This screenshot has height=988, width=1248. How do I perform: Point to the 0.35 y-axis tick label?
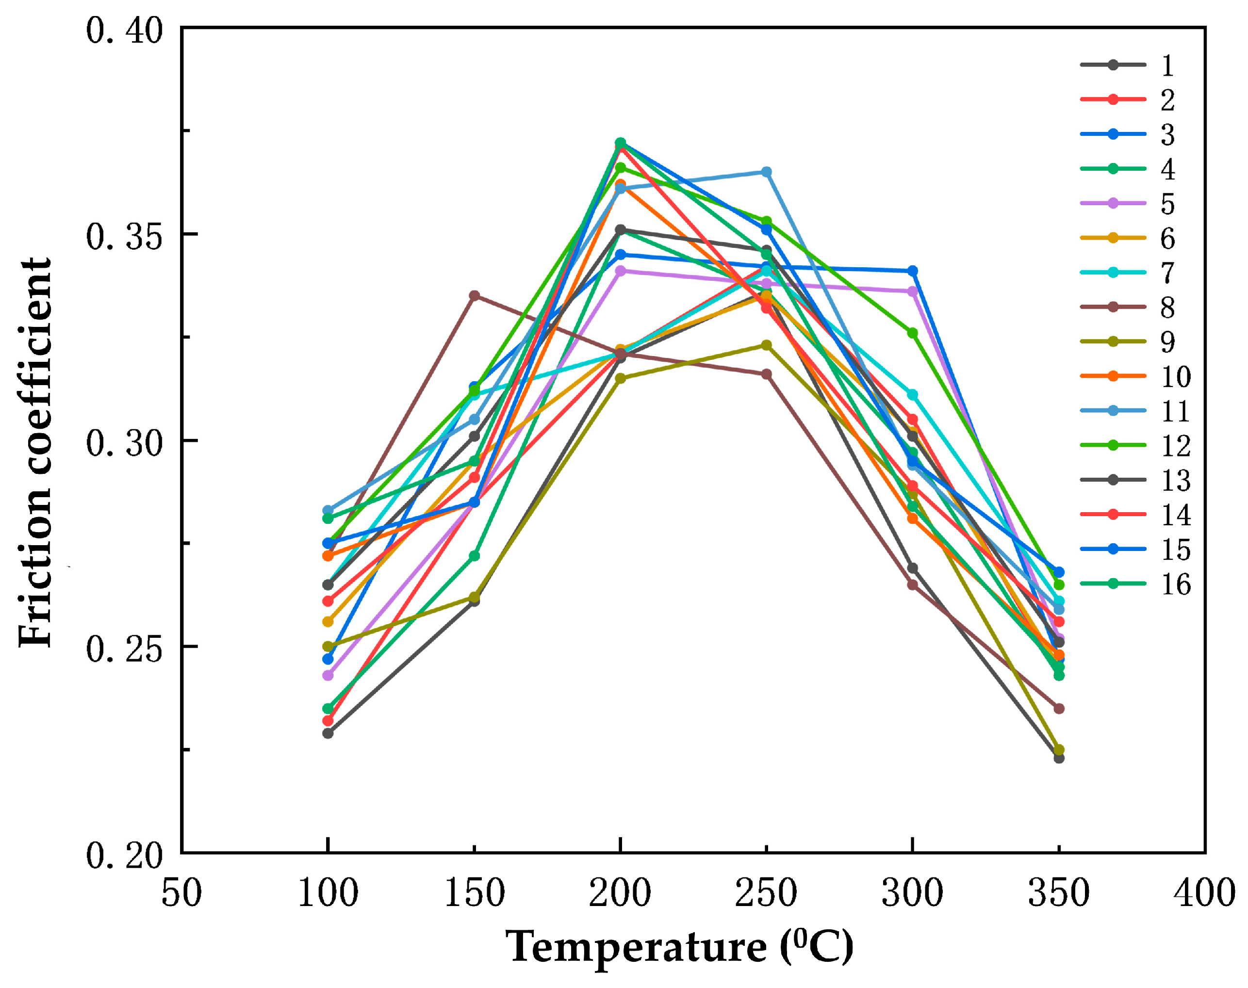tap(124, 237)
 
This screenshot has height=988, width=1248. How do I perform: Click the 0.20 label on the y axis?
tap(124, 855)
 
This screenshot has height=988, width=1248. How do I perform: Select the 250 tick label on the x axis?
tap(766, 892)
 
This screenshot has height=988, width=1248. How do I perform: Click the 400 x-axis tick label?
tap(1204, 892)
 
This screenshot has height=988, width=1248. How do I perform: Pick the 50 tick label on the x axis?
tap(181, 892)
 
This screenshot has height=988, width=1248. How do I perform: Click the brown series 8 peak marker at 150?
tap(474, 295)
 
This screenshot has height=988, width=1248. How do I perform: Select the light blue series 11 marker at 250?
tap(766, 172)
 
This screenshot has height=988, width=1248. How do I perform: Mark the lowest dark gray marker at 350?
tap(1059, 758)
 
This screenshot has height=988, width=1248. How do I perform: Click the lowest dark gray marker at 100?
tap(328, 733)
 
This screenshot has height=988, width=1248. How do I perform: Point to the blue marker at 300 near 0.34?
tap(912, 271)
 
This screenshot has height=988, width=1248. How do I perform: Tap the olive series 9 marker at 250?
tap(766, 345)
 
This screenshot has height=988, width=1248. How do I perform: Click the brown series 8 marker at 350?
tap(1059, 708)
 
